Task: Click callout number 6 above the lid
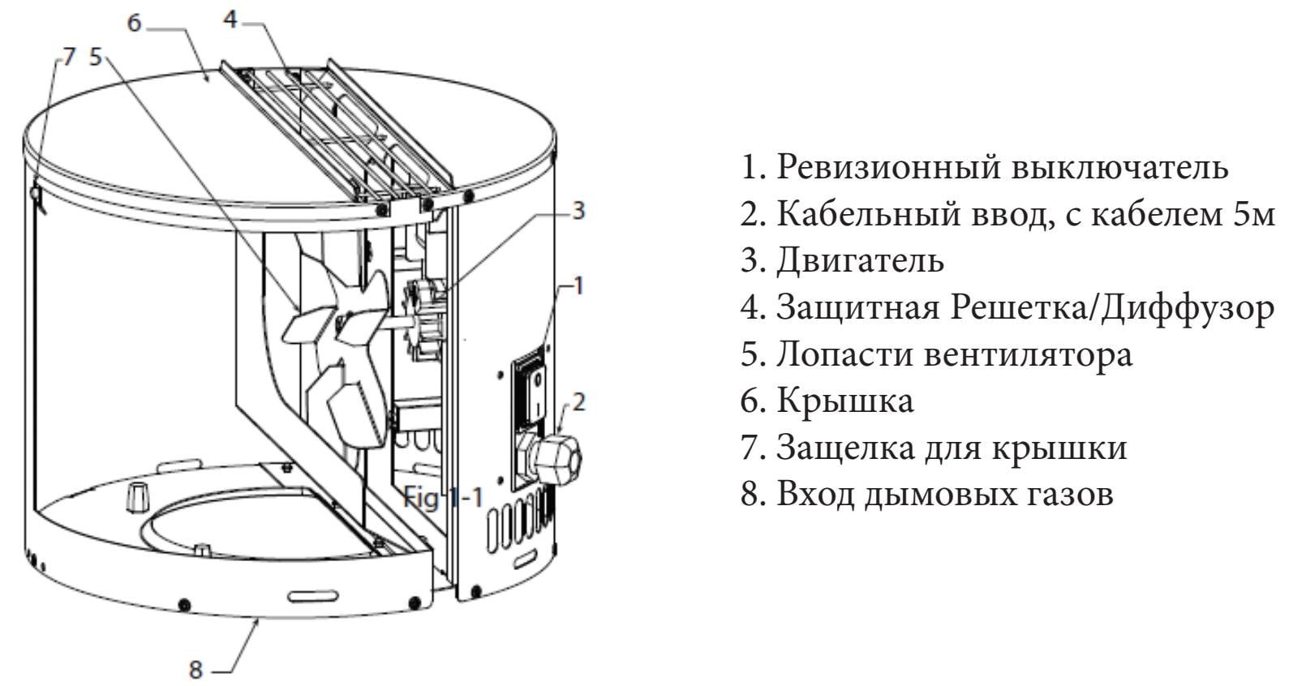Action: coord(135,24)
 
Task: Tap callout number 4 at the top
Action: coord(231,19)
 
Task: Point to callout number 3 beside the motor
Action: coord(578,211)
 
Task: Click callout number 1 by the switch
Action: coord(578,285)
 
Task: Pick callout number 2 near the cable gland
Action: coord(578,401)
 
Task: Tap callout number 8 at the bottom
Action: coord(195,671)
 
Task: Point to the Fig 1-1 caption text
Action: coord(443,497)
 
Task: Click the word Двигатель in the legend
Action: coord(860,261)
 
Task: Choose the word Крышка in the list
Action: coord(844,401)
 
